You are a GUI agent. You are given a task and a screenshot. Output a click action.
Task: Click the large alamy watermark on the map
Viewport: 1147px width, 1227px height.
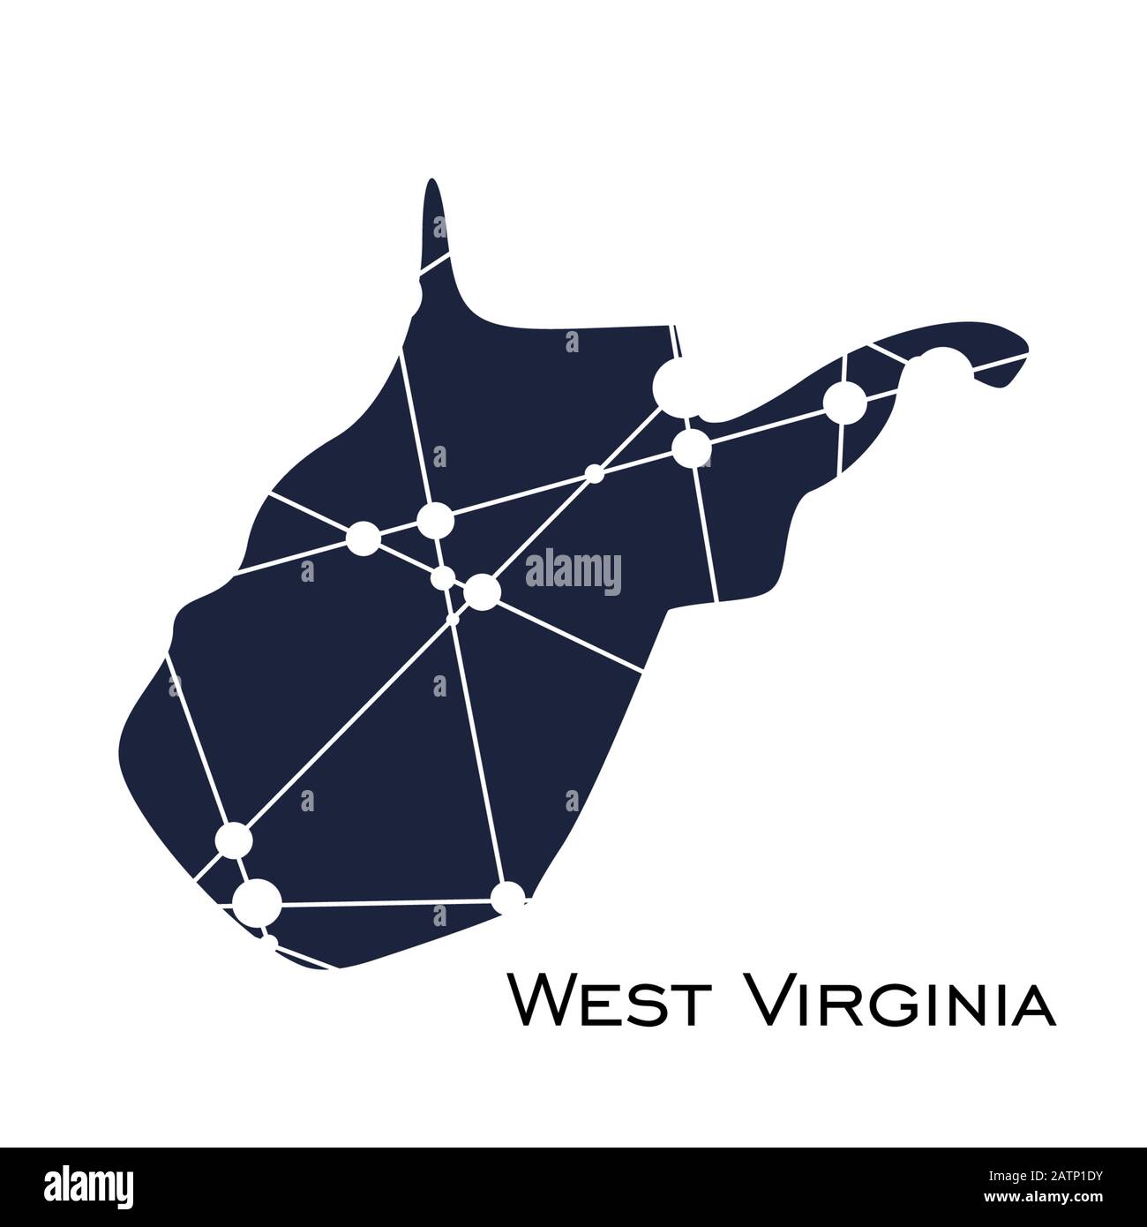click(573, 572)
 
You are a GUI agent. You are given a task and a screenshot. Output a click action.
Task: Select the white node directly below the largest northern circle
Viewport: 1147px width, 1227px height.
click(691, 448)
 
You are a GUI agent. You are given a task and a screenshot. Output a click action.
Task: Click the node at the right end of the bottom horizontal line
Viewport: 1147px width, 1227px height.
click(508, 899)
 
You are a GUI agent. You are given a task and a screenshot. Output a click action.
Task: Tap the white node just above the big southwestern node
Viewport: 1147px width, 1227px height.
click(234, 839)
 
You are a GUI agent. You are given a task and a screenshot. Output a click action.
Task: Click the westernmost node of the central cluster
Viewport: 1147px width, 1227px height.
click(364, 537)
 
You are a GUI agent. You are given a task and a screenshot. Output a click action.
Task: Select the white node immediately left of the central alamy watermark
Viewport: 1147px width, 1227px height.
click(482, 591)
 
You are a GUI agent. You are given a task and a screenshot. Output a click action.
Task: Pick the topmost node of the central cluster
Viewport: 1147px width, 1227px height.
click(435, 520)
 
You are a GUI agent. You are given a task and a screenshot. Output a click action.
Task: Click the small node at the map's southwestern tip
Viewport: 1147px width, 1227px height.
click(270, 943)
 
